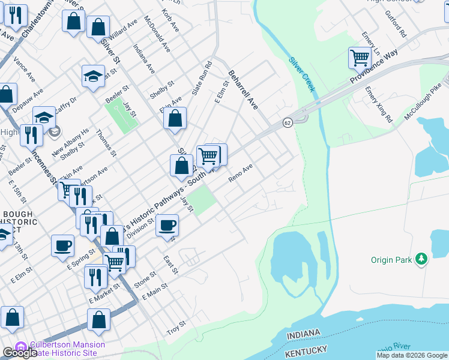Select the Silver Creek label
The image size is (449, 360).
click(301, 74)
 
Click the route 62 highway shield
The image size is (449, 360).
click(288, 122)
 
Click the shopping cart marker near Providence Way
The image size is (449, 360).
click(359, 58)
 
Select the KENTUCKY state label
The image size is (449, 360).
click(306, 349)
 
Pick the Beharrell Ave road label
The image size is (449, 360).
click(243, 90)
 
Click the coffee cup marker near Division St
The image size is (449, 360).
click(167, 225)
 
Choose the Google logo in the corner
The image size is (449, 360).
click(20, 353)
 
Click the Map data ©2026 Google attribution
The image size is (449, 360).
click(411, 355)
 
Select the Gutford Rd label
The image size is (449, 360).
click(396, 25)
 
